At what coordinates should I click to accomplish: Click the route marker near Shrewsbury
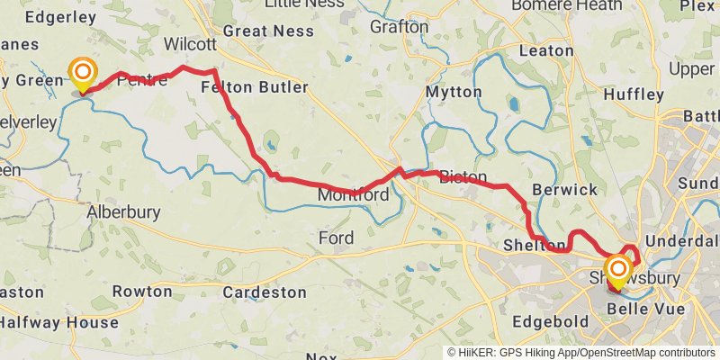tap(618, 271)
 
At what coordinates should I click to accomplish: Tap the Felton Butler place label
tap(255, 87)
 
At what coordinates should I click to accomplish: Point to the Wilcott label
tap(190, 44)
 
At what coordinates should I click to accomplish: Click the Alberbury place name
tap(123, 213)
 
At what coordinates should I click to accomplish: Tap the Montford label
tap(353, 194)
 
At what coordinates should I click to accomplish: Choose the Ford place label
tap(336, 238)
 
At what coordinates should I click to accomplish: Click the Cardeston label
tap(265, 292)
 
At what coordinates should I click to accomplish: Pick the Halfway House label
tap(59, 322)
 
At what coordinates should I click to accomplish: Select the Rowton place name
tap(142, 292)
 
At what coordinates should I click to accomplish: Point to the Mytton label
tap(453, 92)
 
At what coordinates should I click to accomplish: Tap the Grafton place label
tap(400, 26)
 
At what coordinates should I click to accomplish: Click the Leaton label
tap(546, 50)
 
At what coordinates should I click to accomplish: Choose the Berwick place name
tap(564, 190)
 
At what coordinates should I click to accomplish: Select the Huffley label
tap(634, 94)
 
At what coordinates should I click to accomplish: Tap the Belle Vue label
tap(647, 309)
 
